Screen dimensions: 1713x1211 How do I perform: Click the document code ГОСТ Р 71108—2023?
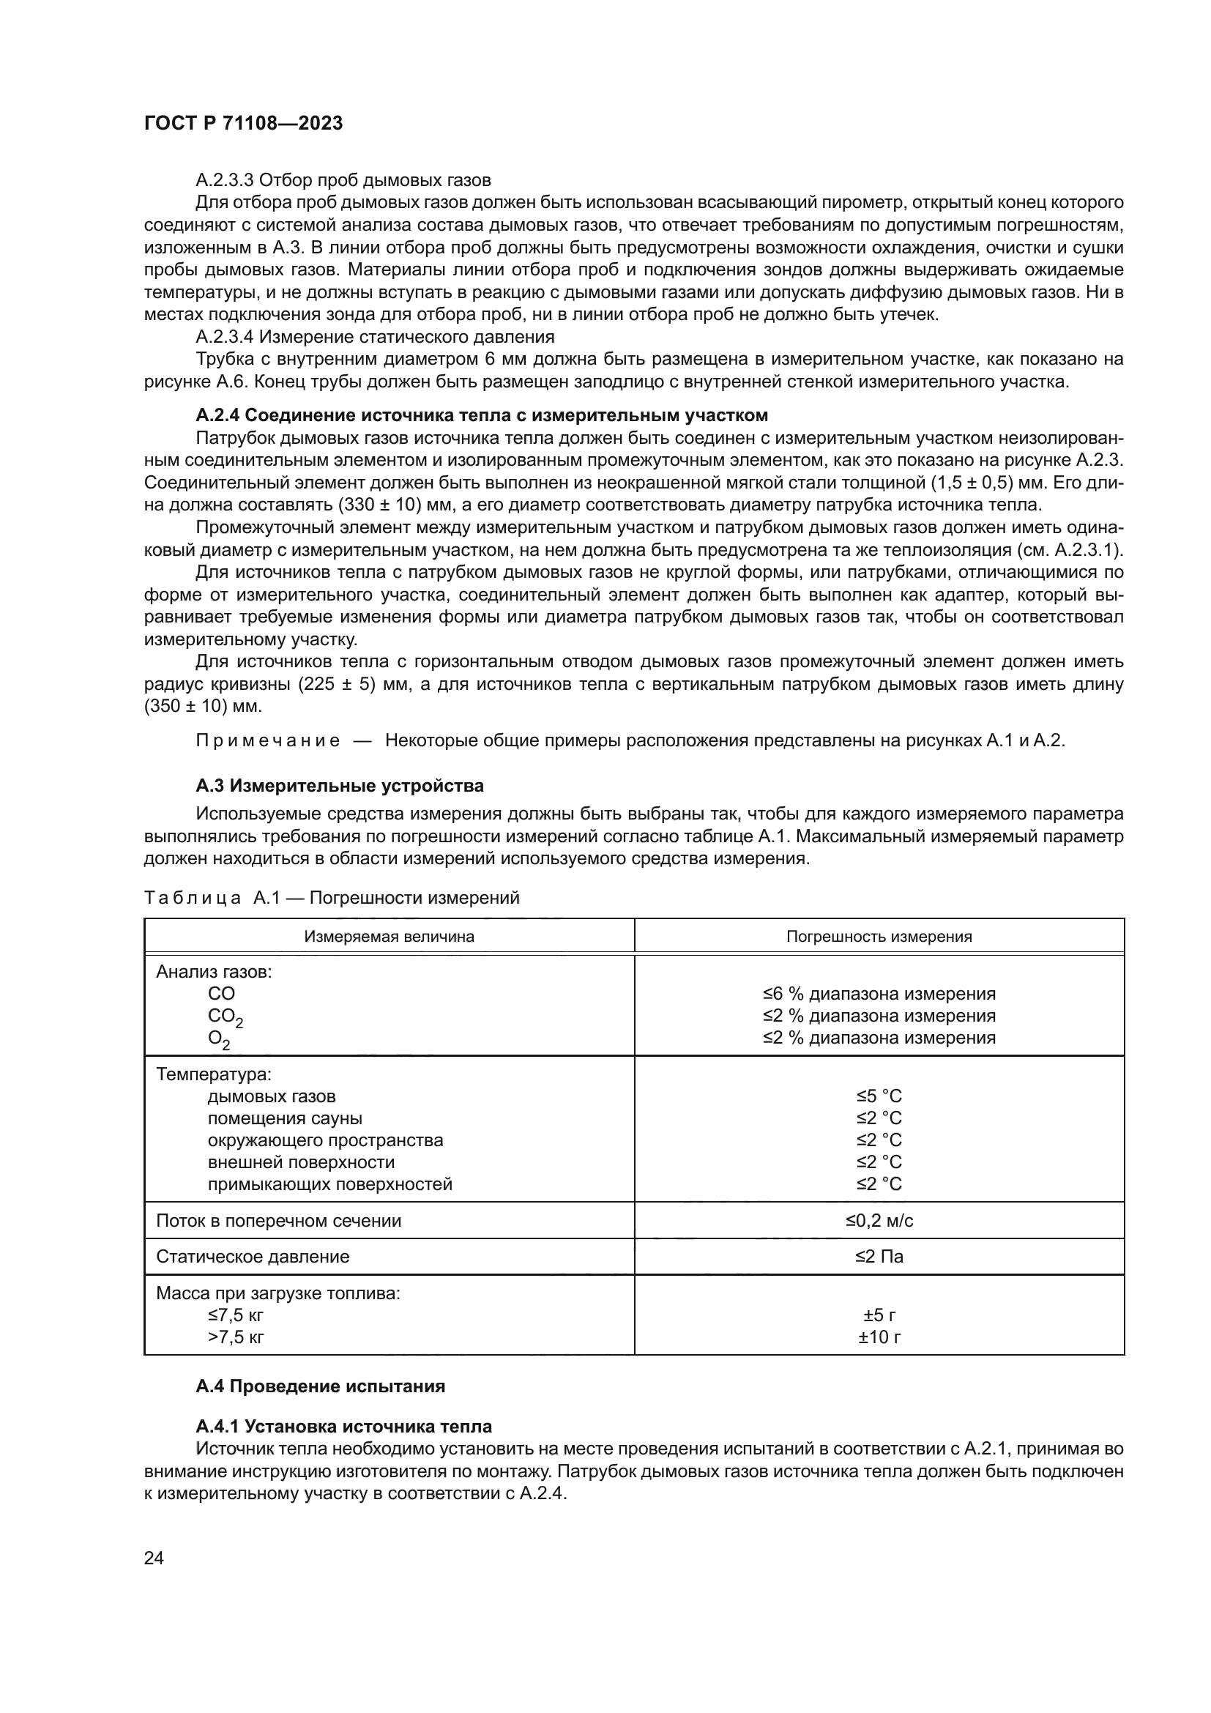[x=243, y=124]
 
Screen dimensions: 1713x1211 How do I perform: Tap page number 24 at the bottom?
[x=154, y=1558]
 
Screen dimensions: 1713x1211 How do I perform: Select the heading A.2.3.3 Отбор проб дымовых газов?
[x=343, y=180]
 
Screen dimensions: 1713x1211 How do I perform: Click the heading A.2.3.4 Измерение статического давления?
[x=374, y=336]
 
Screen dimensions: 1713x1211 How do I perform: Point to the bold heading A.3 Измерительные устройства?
[x=339, y=786]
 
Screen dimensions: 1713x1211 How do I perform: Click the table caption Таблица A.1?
[x=331, y=899]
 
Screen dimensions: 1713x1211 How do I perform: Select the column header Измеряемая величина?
[x=389, y=937]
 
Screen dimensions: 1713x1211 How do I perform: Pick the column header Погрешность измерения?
[x=879, y=937]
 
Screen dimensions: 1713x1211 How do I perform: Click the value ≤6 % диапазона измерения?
[x=879, y=994]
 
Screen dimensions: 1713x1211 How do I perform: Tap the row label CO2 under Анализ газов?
[x=225, y=1017]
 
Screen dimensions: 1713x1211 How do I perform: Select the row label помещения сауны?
[x=285, y=1118]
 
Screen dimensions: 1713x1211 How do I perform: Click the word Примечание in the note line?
[x=268, y=741]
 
